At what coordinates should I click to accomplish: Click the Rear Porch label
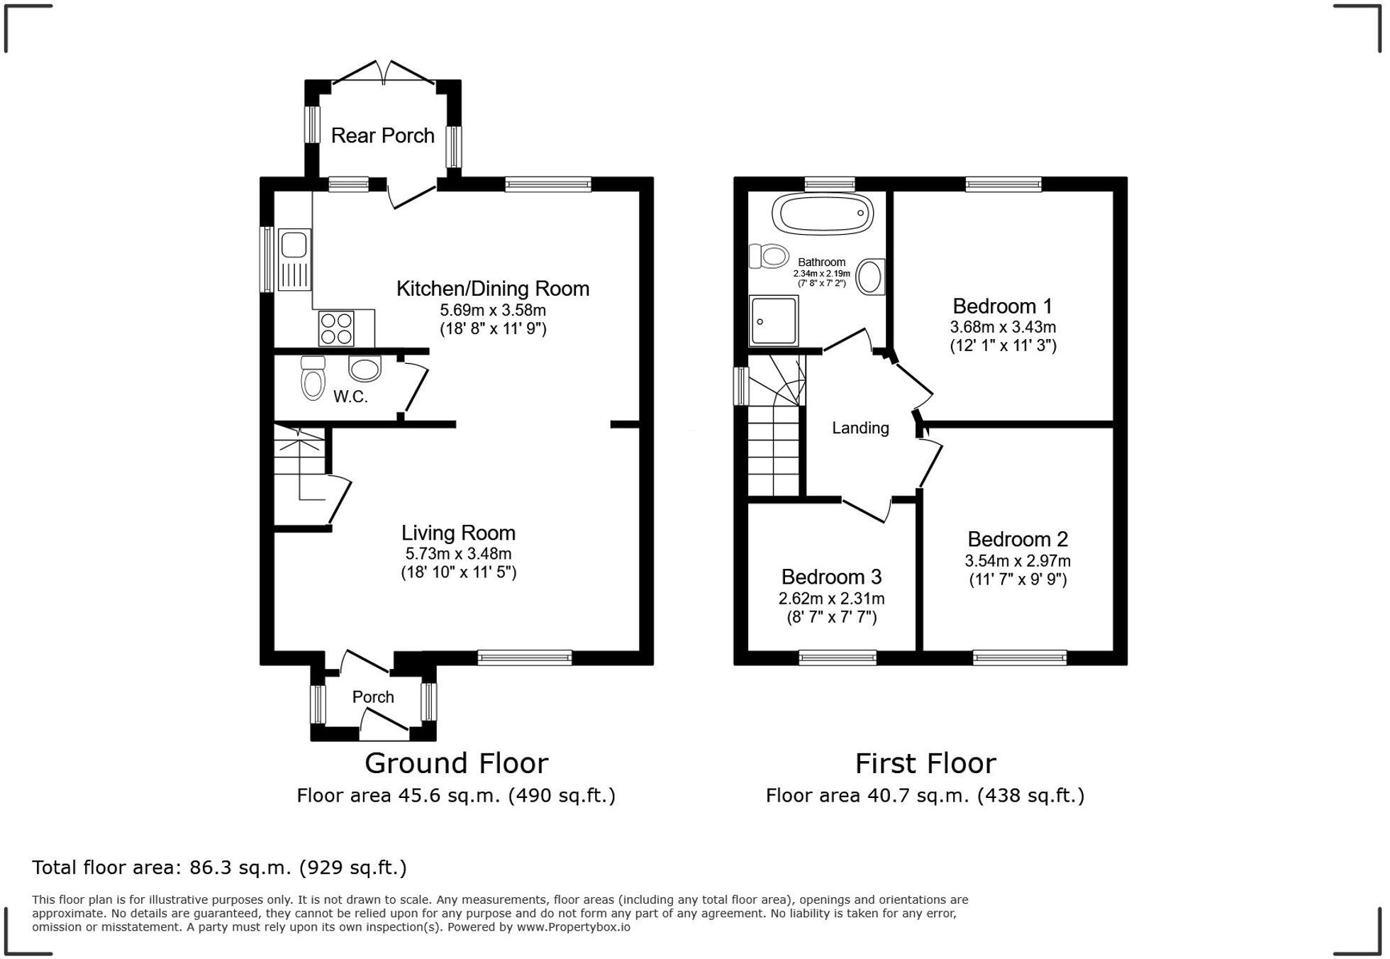click(382, 135)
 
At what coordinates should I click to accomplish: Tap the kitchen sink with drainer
click(294, 259)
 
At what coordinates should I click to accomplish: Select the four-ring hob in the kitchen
click(336, 328)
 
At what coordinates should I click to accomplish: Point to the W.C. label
click(350, 397)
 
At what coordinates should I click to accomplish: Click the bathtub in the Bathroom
click(823, 212)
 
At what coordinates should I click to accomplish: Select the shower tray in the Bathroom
click(773, 321)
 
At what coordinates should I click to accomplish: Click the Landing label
click(860, 428)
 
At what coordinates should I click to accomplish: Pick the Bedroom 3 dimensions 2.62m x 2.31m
click(831, 599)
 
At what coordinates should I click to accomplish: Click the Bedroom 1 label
click(1002, 306)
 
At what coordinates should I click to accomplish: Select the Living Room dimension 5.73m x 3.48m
click(458, 554)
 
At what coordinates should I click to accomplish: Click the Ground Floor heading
click(456, 764)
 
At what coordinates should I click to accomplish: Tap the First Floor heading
click(925, 764)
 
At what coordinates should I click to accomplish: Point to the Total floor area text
click(219, 867)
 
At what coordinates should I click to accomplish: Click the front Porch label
click(373, 697)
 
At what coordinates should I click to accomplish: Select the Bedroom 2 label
click(1017, 539)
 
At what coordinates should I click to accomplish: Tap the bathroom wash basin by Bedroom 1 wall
click(870, 277)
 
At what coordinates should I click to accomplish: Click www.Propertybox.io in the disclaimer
click(573, 927)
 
